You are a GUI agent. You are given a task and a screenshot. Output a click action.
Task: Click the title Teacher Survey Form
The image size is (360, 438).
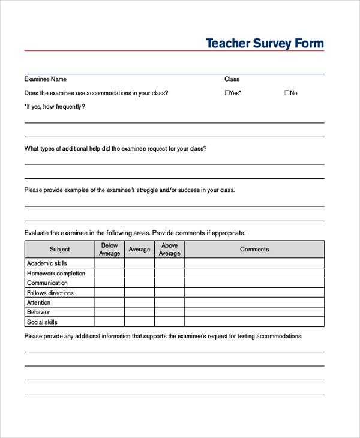coord(265,43)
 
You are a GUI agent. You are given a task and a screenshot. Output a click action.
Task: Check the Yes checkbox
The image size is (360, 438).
coord(227,93)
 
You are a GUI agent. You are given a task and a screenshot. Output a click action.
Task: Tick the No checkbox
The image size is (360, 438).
coord(286,93)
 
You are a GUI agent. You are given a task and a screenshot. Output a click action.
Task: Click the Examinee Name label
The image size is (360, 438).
coord(45,79)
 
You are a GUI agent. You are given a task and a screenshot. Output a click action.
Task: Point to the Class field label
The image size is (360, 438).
coord(232,79)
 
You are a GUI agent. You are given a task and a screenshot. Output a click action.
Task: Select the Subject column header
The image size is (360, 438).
coord(59,250)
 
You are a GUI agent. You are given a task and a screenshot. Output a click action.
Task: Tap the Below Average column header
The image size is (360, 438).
coord(110,250)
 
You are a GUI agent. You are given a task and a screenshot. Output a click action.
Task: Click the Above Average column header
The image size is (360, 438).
coord(169,250)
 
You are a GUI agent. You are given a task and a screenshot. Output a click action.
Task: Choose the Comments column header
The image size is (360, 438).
coord(254,250)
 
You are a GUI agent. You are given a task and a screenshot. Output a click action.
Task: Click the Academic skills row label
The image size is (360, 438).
coord(47,263)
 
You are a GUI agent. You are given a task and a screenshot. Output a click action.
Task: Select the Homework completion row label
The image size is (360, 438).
coord(56,274)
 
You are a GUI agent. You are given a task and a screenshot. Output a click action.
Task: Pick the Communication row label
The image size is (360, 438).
coord(47,283)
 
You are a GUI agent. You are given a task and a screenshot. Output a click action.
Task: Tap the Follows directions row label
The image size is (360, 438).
coord(50,293)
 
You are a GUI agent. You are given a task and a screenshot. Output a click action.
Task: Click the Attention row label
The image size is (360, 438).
coord(39,302)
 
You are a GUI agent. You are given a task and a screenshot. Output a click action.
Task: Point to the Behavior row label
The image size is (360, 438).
coord(38,312)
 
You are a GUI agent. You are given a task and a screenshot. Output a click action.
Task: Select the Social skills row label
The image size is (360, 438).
coord(43,322)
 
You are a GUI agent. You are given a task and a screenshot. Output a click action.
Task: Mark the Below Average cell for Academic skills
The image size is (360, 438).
coord(110,263)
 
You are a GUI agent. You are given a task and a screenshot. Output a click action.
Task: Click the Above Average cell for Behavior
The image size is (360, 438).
coord(169,312)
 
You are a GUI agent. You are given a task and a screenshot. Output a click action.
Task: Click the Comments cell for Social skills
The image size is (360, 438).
coord(254,322)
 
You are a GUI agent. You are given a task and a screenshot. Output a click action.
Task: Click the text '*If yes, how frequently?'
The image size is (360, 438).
coord(55,107)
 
